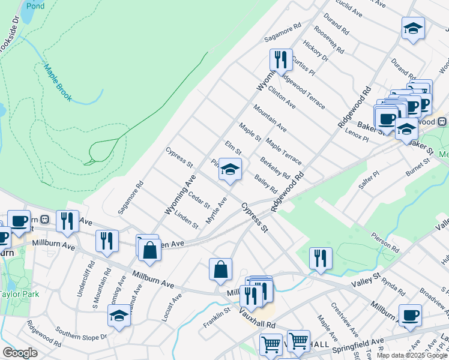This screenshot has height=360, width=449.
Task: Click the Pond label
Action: click(x=35, y=6)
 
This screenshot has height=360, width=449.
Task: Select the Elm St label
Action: click(x=233, y=146)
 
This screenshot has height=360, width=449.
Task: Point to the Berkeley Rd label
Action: click(x=275, y=167)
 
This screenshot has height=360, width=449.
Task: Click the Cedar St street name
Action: click(x=199, y=198)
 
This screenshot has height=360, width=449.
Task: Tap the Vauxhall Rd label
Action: click(x=257, y=317)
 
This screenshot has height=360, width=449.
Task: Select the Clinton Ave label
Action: click(x=282, y=96)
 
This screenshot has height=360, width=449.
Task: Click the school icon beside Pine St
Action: click(x=230, y=169)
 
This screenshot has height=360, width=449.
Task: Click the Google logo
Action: click(x=20, y=353)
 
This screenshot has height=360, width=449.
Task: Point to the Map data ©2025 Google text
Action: click(x=412, y=355)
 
